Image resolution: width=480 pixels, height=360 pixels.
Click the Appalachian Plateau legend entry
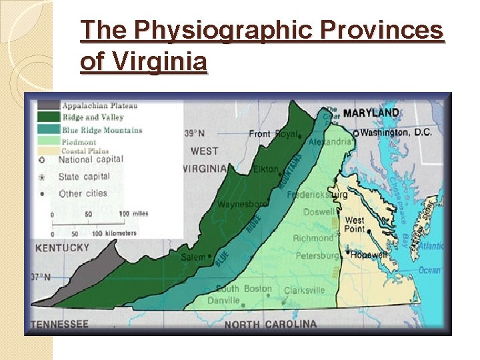(99, 105)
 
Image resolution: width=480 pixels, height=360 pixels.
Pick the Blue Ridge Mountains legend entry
(102, 129)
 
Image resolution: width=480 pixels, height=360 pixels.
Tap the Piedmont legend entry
(79, 141)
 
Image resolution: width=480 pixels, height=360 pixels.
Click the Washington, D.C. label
(397, 132)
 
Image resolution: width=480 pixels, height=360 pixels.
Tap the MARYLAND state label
(371, 113)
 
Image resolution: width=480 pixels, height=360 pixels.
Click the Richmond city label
(313, 238)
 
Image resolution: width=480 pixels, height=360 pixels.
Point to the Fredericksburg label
(317, 195)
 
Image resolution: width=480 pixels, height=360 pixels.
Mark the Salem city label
(194, 257)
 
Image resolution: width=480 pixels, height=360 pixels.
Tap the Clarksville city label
(304, 290)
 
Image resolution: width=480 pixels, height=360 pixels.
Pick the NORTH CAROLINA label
(271, 324)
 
